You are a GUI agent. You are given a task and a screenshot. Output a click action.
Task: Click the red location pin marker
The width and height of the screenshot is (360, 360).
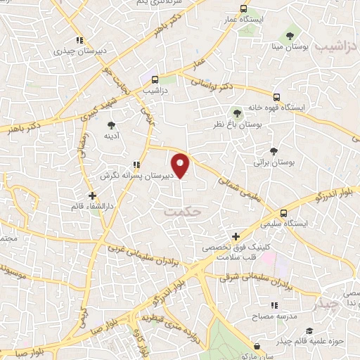181,165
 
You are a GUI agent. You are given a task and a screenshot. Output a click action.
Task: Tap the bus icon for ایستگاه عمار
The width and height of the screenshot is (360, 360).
243,9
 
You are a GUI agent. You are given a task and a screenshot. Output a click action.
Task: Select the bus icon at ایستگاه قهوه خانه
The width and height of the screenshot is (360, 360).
276,97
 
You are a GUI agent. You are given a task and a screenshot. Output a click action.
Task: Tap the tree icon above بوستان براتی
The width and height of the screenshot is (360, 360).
274,150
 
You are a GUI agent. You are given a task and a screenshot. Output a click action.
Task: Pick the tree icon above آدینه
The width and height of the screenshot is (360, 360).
112,124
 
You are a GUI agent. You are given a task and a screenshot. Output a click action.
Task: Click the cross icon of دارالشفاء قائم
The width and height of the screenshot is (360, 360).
92,195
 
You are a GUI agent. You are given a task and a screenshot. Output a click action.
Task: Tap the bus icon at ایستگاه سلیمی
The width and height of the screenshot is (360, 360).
283,213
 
